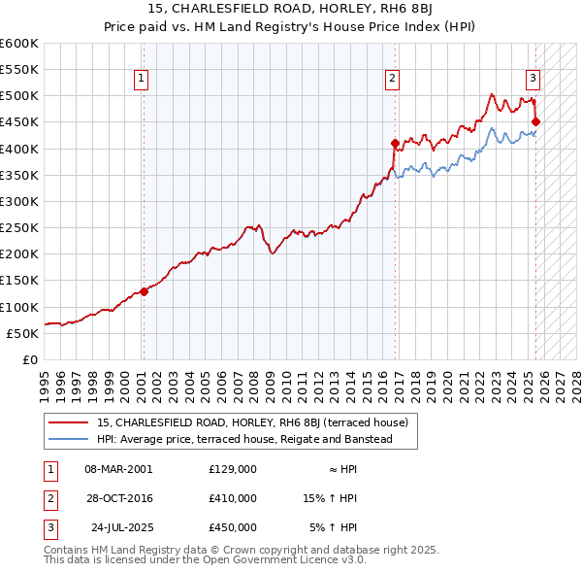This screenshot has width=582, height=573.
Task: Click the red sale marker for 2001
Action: coord(144,290)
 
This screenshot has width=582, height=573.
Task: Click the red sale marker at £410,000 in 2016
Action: coord(395,143)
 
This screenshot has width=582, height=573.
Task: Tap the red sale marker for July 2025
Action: coord(536,121)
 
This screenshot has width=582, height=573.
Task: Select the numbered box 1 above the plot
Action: coord(142,79)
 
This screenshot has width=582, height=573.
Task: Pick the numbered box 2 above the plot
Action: coord(392,79)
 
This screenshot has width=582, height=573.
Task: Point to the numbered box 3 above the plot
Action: coord(533,79)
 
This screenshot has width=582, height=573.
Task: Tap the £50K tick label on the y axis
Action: coord(23,333)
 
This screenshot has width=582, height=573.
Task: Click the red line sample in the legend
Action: coord(69,423)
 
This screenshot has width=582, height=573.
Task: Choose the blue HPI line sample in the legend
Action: coord(69,439)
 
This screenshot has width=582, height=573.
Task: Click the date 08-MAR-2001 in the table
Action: coord(118,468)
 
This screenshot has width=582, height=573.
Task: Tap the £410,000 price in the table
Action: coord(233,498)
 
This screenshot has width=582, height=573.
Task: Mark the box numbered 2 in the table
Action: coord(49,498)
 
